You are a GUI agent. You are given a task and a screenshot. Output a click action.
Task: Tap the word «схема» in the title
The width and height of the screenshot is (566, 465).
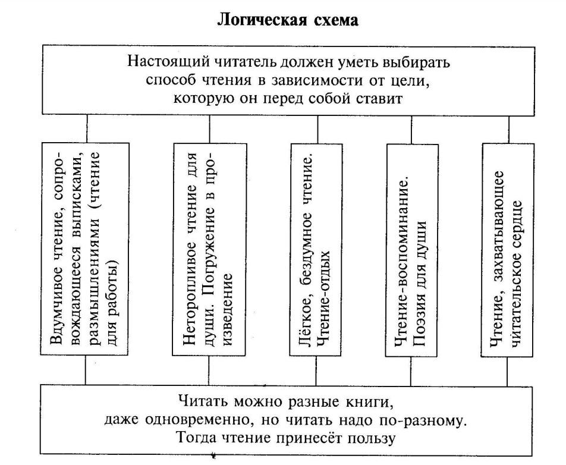[334, 21]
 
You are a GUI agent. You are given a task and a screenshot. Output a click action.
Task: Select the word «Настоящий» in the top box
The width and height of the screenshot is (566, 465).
[169, 62]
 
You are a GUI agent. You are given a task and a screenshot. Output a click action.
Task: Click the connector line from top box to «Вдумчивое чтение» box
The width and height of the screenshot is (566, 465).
[87, 129]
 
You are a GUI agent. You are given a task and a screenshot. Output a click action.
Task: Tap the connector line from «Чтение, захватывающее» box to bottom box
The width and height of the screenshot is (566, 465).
[507, 372]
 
